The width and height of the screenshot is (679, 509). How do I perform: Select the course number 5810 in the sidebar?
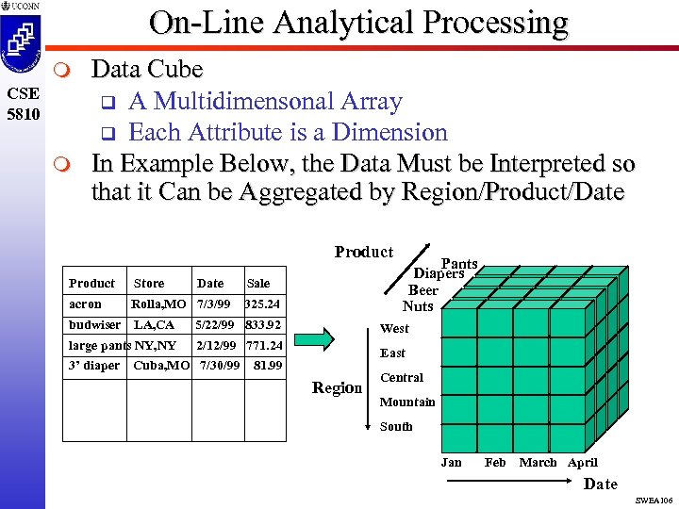click(x=23, y=115)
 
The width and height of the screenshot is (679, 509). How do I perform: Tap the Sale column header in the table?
click(x=257, y=283)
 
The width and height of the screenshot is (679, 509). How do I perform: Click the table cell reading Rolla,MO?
click(x=158, y=304)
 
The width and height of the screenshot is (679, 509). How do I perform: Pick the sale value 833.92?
click(x=263, y=325)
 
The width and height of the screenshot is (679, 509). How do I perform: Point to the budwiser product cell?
click(x=94, y=325)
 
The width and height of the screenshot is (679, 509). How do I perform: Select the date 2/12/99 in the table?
click(x=215, y=346)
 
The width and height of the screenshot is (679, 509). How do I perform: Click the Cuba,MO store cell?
click(x=161, y=366)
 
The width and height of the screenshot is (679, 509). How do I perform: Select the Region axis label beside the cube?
click(x=337, y=388)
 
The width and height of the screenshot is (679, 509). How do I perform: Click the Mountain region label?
click(x=406, y=402)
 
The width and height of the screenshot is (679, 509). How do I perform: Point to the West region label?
click(x=394, y=329)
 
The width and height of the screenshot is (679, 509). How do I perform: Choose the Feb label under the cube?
click(x=495, y=463)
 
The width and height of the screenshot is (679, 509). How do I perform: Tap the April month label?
click(x=582, y=463)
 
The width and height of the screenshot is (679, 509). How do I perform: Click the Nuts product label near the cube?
click(x=418, y=306)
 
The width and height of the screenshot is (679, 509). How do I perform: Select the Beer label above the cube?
click(x=422, y=290)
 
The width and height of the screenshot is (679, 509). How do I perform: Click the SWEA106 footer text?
click(x=654, y=500)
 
